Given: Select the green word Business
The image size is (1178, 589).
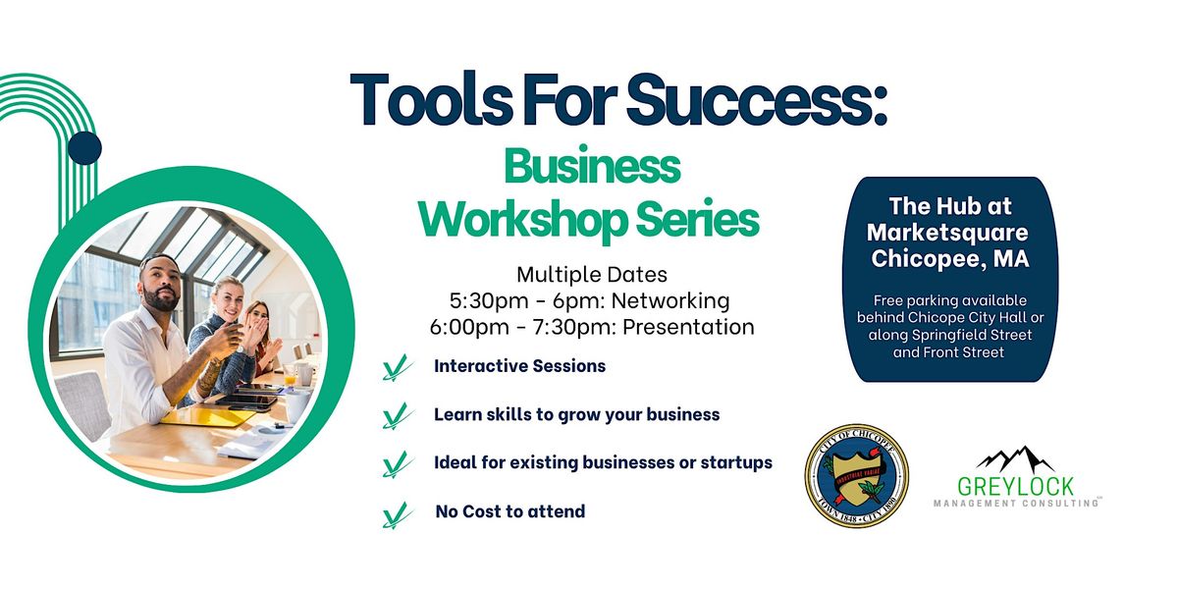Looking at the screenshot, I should pyautogui.click(x=591, y=167).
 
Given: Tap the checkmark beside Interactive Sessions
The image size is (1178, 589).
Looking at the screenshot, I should pyautogui.click(x=396, y=369).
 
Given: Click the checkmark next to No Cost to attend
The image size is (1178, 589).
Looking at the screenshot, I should pyautogui.click(x=396, y=513).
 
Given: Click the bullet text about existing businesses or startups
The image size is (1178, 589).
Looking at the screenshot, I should pyautogui.click(x=603, y=462).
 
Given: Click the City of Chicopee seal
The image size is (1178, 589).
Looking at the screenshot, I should pyautogui.click(x=856, y=474).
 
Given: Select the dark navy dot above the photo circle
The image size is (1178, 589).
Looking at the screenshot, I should pyautogui.click(x=85, y=147).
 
